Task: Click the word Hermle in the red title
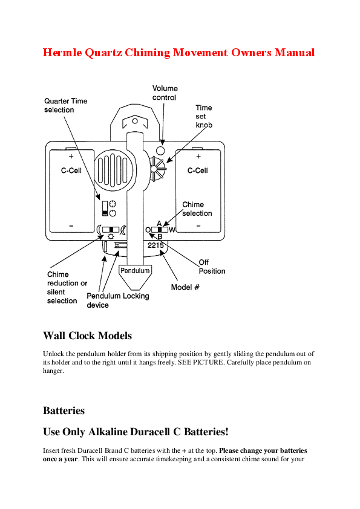coord(62,53)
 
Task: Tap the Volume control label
coord(165,93)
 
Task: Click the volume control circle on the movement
coord(160,150)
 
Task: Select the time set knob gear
coord(157,169)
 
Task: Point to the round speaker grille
coord(114,169)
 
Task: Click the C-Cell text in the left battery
coord(71,170)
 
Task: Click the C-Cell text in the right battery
coord(197,170)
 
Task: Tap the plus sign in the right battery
coord(198,156)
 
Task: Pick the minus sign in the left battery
coord(71,226)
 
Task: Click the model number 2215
coord(155,245)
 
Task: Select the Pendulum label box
coord(135,270)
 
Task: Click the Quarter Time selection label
coord(65,106)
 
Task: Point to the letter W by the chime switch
coord(172,230)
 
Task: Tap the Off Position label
coord(212,267)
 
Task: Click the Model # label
coord(185,287)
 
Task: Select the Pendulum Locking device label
coord(117,300)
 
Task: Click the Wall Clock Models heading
coord(87,336)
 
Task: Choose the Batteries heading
coord(64,410)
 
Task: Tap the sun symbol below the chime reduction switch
coord(111,236)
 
